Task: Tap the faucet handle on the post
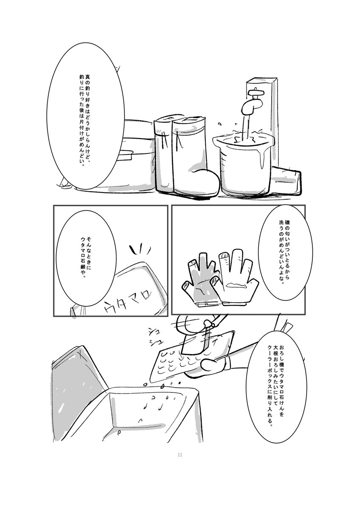coord(256,93)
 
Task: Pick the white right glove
coord(235,278)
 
